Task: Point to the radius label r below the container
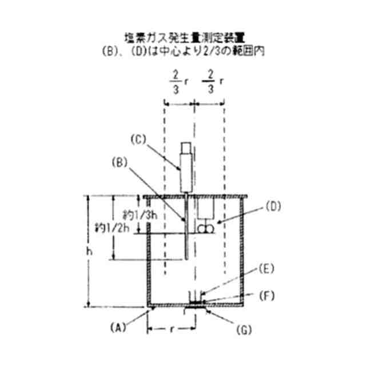pos(172,330)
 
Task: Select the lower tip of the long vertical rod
pos(188,261)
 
